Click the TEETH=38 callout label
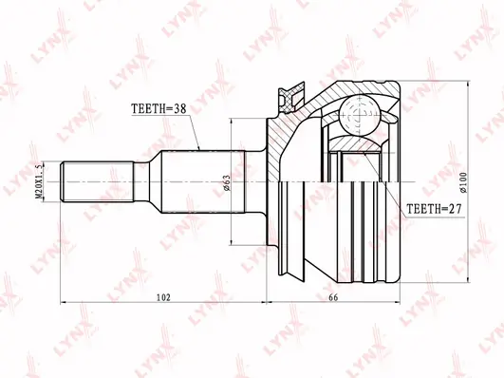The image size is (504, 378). point(159,108)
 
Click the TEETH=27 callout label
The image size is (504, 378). point(434,209)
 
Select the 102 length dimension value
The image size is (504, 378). point(163,297)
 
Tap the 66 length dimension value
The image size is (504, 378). point(333,297)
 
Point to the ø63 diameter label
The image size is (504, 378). point(227,182)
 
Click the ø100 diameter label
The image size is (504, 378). point(463,182)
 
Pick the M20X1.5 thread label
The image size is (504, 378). point(39,182)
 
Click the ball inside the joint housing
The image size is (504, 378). point(360,115)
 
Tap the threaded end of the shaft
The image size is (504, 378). point(98,181)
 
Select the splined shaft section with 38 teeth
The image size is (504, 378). point(203,181)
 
